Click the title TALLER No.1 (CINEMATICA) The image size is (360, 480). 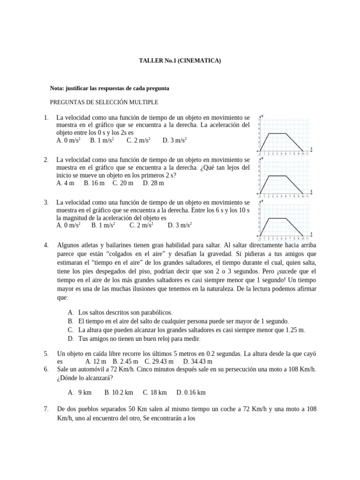180,60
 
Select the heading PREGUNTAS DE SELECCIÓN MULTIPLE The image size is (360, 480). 104,102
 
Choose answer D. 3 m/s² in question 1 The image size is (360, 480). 175,140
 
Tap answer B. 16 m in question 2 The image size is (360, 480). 94,183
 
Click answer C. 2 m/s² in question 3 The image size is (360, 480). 141,225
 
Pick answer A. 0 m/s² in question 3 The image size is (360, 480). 68,225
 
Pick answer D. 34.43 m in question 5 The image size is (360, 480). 198,361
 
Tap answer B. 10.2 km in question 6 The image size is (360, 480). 119,392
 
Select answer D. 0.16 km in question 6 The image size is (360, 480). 191,392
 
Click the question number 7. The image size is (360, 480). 46,409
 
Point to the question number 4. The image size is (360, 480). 46,245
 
